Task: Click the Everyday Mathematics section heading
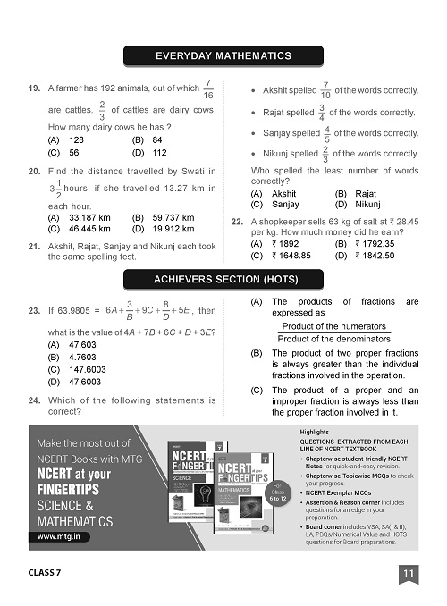click(223, 56)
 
